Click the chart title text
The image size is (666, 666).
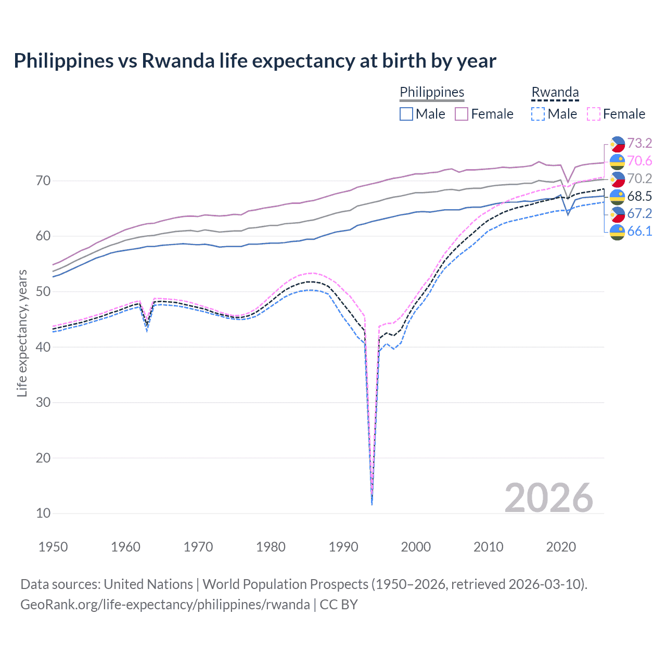255,61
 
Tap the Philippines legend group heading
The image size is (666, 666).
432,92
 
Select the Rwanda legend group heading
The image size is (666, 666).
555,92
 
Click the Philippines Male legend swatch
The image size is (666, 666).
406,114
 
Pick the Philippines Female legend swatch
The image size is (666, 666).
462,114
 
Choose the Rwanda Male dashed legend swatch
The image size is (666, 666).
538,114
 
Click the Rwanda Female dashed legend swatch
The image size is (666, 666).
594,114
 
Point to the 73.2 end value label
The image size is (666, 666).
639,143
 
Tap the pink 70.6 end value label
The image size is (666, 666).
639,161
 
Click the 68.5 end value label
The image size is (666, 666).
639,196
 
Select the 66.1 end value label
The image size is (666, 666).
639,231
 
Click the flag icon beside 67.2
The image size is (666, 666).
617,214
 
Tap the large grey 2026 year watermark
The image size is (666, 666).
548,498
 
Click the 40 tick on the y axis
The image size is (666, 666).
43,347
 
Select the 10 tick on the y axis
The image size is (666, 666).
43,514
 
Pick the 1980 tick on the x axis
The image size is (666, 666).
271,547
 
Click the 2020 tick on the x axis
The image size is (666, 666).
561,547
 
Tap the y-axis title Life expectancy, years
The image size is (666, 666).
22,333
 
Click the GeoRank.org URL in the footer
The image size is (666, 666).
165,605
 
